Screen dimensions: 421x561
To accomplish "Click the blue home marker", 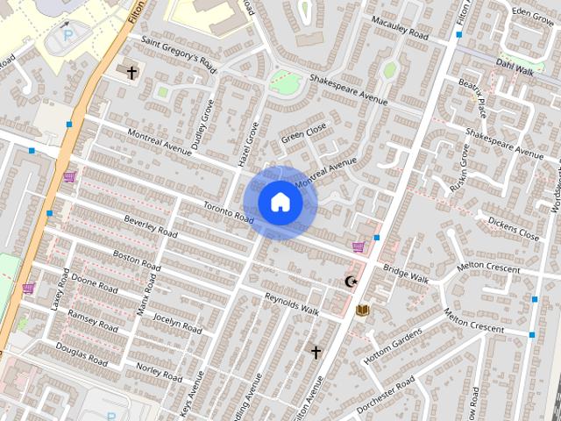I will [280, 203].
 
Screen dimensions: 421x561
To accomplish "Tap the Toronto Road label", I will [229, 212].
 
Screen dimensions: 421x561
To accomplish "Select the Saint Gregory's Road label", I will [178, 54].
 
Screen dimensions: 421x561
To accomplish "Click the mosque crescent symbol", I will [352, 282].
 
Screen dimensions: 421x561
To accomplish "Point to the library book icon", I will [362, 310].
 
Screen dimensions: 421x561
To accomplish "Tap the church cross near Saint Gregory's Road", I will [132, 73].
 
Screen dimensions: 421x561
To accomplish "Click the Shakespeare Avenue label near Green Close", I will [348, 87].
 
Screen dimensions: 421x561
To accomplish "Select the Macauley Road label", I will [399, 28].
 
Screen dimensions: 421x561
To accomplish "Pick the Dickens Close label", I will [514, 229].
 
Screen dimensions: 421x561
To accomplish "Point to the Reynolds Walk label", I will [292, 303].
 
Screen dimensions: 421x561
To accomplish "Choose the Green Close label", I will [303, 132].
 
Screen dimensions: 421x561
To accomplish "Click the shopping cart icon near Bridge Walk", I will [358, 247].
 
